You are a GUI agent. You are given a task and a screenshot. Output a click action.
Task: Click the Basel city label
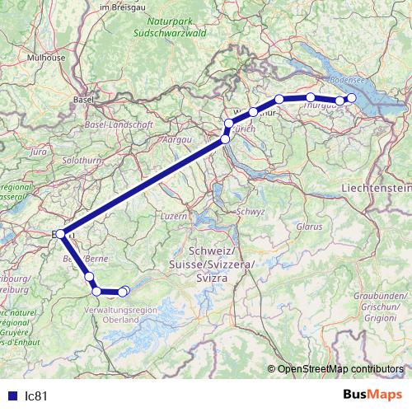click(x=83, y=100)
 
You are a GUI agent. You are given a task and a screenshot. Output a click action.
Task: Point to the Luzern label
click(x=175, y=215)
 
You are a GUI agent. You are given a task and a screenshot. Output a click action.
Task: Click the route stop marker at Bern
click(x=61, y=234)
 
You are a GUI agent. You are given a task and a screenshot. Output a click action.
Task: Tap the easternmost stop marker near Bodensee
click(x=352, y=98)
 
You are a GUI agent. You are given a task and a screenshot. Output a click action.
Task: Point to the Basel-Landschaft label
click(x=119, y=124)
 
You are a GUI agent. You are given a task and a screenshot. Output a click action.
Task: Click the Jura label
click(x=38, y=152)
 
